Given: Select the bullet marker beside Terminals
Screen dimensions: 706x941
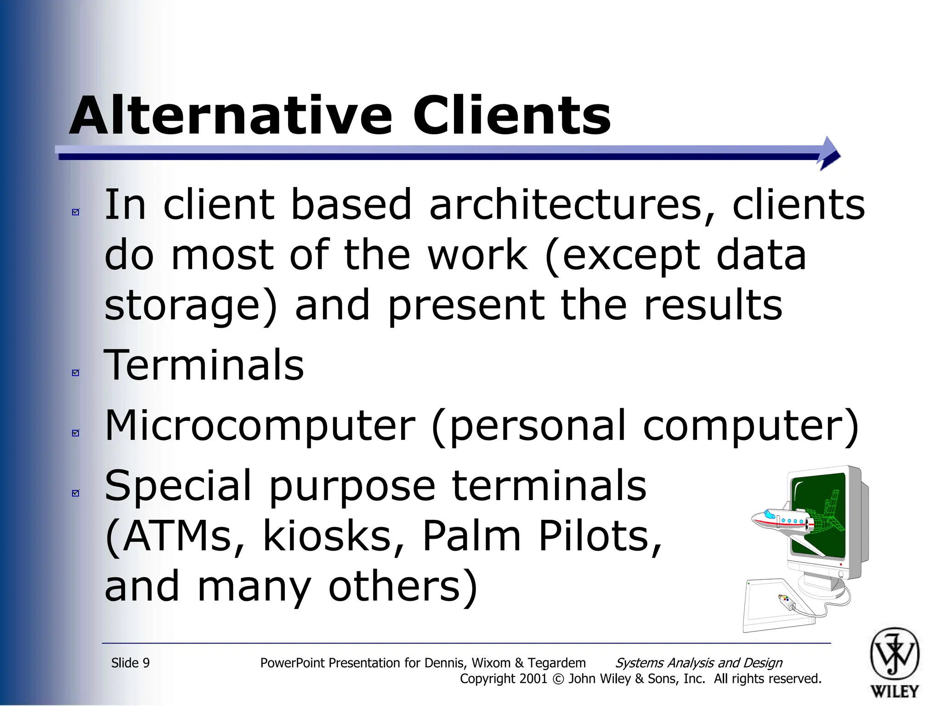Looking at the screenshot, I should (76, 372).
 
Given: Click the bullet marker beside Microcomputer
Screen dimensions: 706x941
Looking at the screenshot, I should (76, 433).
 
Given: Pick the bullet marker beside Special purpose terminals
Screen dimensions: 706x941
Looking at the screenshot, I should (76, 493).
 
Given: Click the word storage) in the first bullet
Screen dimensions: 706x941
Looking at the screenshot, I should (191, 306).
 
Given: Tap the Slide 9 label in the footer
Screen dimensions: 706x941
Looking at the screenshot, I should (130, 663).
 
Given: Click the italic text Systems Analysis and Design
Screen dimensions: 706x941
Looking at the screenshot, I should (698, 663).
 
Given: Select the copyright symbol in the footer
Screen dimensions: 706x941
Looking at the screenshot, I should (558, 679).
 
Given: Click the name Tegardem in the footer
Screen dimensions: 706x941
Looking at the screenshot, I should (557, 663).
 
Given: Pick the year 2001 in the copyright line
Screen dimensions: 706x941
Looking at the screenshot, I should (533, 679).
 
